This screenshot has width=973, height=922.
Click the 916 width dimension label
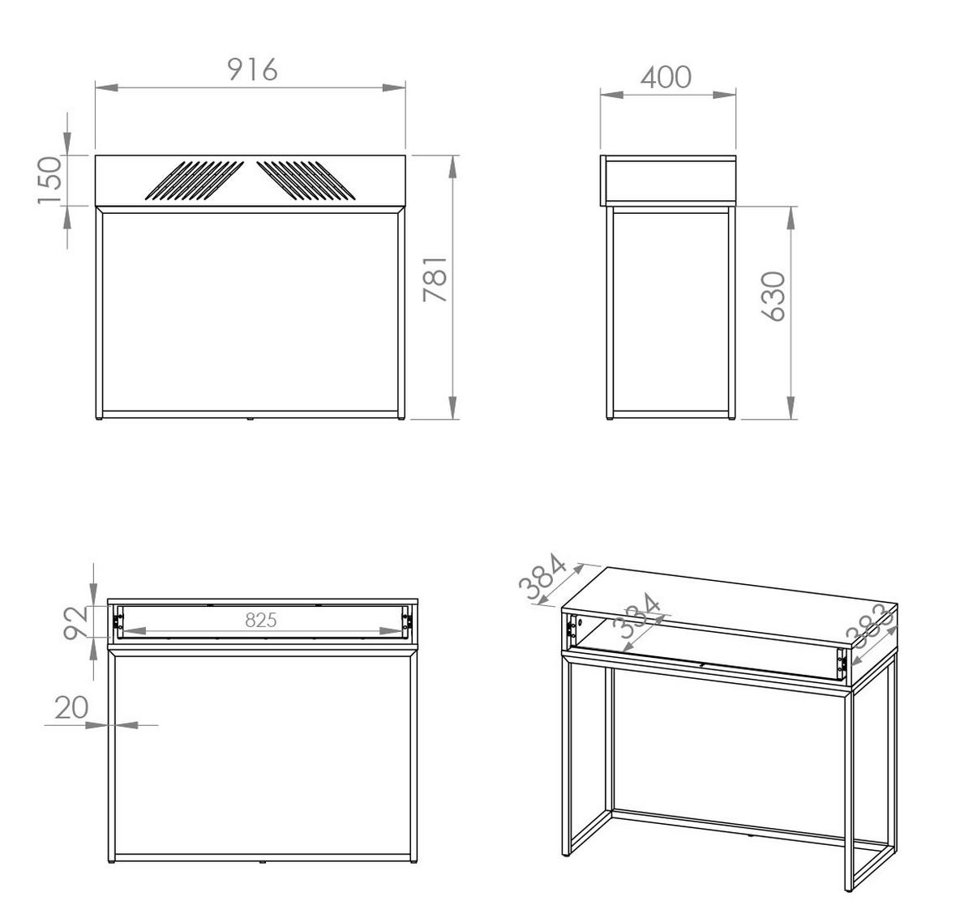[252, 70]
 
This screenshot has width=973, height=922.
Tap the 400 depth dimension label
[666, 77]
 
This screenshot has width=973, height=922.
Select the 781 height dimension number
[435, 280]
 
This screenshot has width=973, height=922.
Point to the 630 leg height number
[773, 297]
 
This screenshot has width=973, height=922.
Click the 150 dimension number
[50, 180]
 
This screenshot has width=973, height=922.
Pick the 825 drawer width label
[261, 621]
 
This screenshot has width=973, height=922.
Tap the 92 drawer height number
[75, 623]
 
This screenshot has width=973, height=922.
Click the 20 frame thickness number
[71, 708]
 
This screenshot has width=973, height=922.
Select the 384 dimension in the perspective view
[542, 577]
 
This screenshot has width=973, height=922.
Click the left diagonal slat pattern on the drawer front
[195, 181]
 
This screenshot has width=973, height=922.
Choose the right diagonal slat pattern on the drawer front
[306, 181]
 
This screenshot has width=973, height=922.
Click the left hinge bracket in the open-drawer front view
[118, 622]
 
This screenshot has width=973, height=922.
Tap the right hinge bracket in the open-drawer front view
[406, 622]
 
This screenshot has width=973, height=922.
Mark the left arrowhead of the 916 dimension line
[107, 88]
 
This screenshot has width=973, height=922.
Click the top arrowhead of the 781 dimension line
[452, 167]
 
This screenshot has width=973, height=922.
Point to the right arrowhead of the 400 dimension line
[724, 95]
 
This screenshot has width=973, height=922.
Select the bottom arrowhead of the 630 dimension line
[791, 408]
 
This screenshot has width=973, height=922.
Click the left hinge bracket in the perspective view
[572, 626]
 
